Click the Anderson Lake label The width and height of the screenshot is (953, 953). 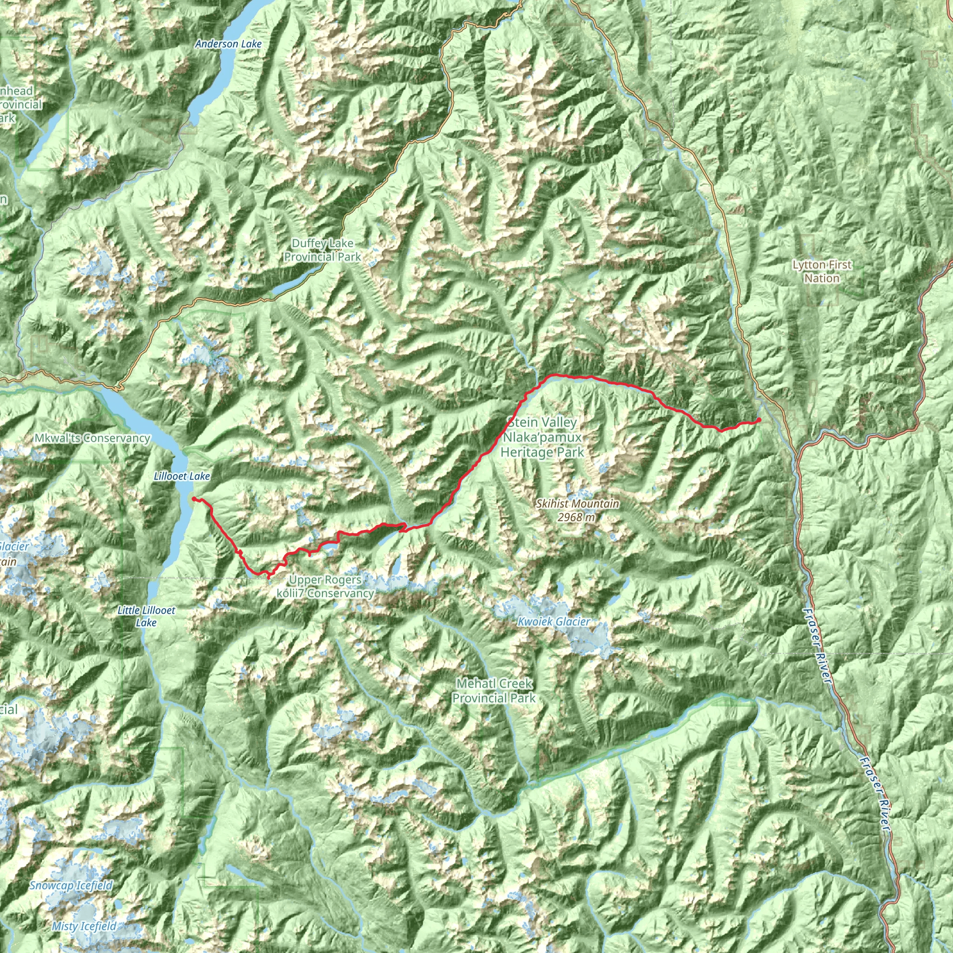[x=228, y=44]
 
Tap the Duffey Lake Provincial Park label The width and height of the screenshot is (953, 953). [x=322, y=249]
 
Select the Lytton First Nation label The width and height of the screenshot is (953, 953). [x=822, y=271]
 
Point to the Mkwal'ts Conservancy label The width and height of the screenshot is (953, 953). [x=92, y=437]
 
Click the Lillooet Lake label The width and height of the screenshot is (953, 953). [x=181, y=476]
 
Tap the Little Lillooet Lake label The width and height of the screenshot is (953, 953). [x=146, y=616]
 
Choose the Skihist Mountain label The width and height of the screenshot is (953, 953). [x=577, y=503]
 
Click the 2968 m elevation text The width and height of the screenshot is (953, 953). [x=576, y=517]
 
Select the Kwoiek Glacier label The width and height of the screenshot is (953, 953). [x=553, y=622]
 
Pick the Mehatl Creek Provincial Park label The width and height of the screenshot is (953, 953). [x=494, y=691]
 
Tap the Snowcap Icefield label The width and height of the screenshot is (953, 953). [x=71, y=885]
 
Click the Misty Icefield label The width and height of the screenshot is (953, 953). [x=84, y=926]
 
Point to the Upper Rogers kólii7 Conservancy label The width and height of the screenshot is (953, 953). [x=325, y=586]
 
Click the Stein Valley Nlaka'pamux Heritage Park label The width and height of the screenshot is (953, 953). [x=542, y=437]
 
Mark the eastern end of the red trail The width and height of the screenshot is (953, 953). [x=759, y=420]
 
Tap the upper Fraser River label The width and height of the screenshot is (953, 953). [x=817, y=646]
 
